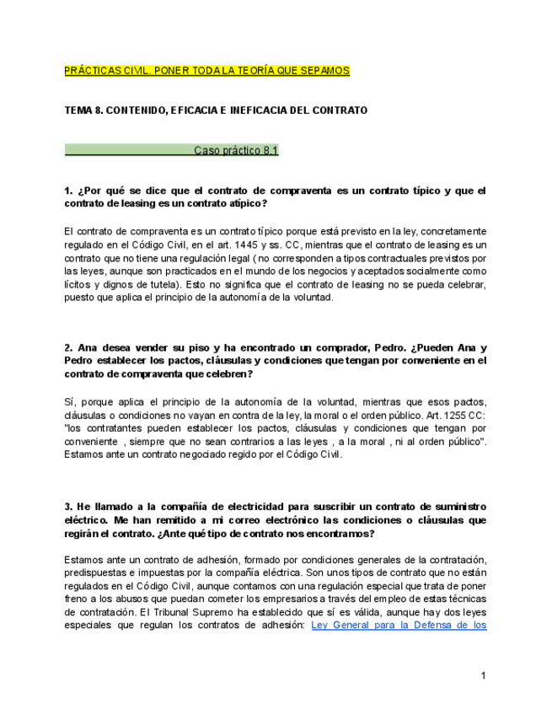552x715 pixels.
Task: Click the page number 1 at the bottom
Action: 484,676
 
